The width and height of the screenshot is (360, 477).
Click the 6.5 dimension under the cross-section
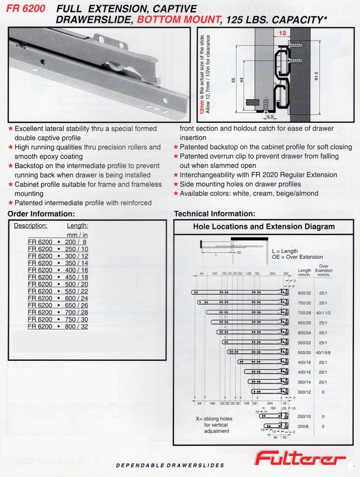click(270, 116)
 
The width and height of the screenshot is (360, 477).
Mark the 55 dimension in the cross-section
click(232, 79)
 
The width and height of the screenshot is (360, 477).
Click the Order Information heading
click(41, 214)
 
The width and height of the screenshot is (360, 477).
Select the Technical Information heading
click(215, 214)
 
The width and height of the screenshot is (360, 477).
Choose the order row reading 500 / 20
click(58, 284)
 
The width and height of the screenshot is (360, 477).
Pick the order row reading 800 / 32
click(58, 326)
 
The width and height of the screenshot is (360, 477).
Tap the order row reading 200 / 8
click(58, 242)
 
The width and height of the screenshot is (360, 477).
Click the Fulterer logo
click(300, 458)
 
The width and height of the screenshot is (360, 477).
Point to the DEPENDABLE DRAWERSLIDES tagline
click(170, 466)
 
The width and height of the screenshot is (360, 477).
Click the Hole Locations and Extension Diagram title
click(264, 227)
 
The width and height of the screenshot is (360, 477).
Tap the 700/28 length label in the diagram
click(304, 313)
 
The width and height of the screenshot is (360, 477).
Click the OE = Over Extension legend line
click(297, 257)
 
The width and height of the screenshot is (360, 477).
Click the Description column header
click(30, 225)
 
